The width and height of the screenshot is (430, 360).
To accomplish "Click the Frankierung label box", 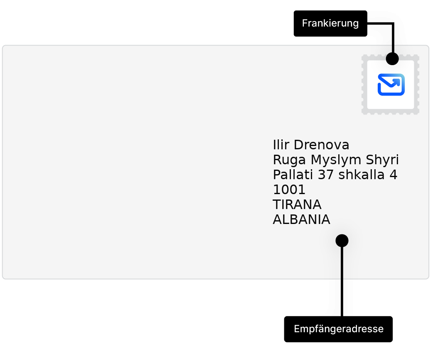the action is coord(330,24).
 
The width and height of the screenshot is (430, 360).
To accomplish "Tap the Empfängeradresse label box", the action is coord(338,329).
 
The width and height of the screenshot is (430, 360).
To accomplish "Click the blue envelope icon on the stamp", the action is coord(391,85).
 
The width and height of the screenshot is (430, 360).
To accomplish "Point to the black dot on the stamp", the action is coord(392,58).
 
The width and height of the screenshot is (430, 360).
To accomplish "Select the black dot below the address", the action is coord(342,241).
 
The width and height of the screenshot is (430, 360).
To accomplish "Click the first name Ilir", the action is coord(281,145).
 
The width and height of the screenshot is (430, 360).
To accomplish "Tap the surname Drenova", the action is coord(321,145).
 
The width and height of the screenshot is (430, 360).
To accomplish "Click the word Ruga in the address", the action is coord(289,160).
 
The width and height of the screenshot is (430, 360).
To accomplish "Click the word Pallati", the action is coord(293,175).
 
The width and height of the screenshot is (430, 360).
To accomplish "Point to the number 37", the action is coord(325,175).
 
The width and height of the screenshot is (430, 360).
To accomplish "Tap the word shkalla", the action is coord(362,175).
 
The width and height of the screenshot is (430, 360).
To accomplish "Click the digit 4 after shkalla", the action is coord(393,175).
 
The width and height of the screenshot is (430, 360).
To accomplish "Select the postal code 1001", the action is coord(289,190).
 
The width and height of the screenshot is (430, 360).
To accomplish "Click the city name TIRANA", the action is coord(297,204).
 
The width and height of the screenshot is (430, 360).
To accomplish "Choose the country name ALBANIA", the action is coord(301,219).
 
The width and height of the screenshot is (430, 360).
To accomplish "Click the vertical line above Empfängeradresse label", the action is coord(342,278).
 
